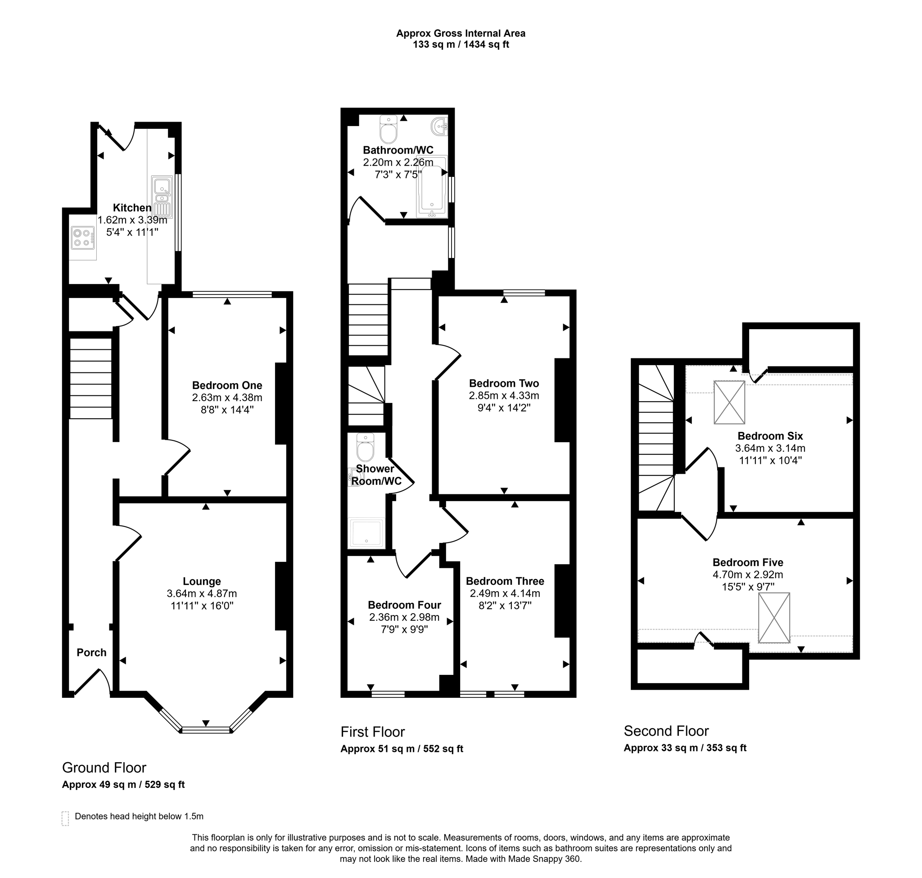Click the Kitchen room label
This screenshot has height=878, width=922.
(132, 208)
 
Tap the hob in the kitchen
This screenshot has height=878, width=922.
(83, 238)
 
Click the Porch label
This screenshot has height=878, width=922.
(91, 652)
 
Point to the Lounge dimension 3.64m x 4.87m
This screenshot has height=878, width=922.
(202, 593)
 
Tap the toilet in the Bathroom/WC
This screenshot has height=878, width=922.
(389, 129)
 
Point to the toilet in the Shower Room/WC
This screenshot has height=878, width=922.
(365, 448)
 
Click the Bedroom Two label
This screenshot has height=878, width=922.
(504, 383)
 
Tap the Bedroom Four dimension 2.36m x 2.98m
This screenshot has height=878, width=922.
(404, 617)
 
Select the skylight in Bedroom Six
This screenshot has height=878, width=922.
(729, 403)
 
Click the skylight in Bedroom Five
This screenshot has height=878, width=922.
(774, 618)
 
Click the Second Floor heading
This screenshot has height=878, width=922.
(666, 731)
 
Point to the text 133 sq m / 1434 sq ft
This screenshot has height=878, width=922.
(461, 45)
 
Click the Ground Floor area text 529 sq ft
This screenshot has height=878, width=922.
(165, 784)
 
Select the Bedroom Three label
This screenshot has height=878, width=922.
(505, 581)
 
